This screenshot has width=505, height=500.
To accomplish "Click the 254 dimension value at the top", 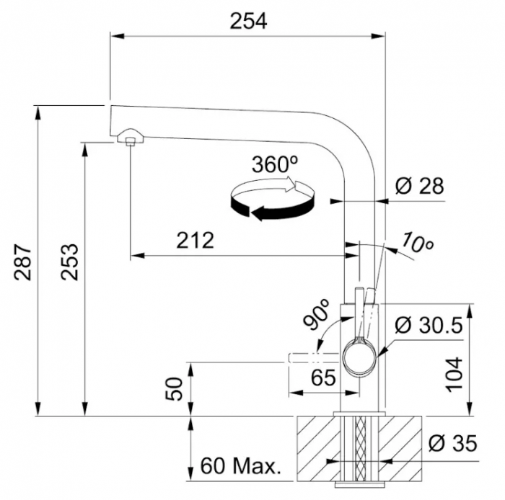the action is (248, 22).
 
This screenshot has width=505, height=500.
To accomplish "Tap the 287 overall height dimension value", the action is (22, 262).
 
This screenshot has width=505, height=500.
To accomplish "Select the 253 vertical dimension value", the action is (70, 262).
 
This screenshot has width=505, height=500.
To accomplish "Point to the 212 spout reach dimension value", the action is (196, 240).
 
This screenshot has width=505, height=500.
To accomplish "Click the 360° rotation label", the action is (275, 164).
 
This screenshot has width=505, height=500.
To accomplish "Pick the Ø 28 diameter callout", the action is (419, 186).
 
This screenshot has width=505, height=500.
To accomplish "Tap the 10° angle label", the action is (418, 242).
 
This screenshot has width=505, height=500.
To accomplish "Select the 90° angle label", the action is (317, 314).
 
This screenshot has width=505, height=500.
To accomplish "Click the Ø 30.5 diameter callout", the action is (429, 326).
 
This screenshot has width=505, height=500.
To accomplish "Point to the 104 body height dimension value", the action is (454, 374).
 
